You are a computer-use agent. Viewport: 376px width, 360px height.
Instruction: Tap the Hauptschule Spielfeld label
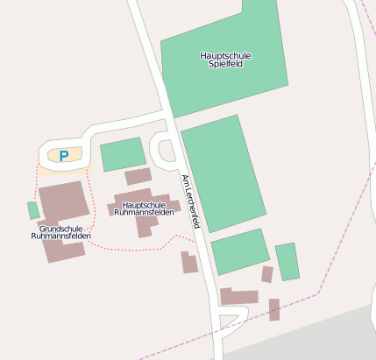coord(225,60)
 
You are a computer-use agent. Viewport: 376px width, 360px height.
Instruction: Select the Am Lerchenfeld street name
coord(191,201)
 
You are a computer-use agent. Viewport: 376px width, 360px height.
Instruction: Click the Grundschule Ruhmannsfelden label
coord(60,232)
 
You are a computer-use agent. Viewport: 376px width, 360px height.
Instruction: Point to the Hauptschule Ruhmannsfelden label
coord(144,208)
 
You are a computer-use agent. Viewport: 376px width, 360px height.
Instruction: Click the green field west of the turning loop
coord(122,154)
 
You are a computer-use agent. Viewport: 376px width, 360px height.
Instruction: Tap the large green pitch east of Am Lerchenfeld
coord(222,173)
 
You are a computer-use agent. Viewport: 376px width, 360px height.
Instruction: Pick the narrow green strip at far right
coord(287,261)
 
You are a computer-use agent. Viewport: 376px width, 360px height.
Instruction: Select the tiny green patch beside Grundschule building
coord(33,210)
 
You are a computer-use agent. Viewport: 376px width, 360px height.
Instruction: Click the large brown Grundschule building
coord(63,201)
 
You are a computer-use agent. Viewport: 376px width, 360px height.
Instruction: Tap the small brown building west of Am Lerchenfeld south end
coord(189,262)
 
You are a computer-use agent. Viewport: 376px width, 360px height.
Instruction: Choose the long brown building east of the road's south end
coord(238,296)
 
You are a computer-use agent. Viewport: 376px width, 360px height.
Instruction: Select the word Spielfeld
coord(225,65)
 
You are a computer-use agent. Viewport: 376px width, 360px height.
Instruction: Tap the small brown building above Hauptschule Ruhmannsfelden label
coord(138,177)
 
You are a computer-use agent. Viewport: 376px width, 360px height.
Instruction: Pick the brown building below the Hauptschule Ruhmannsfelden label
coord(146,226)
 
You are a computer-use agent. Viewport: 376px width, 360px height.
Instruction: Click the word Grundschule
coord(60,228)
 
